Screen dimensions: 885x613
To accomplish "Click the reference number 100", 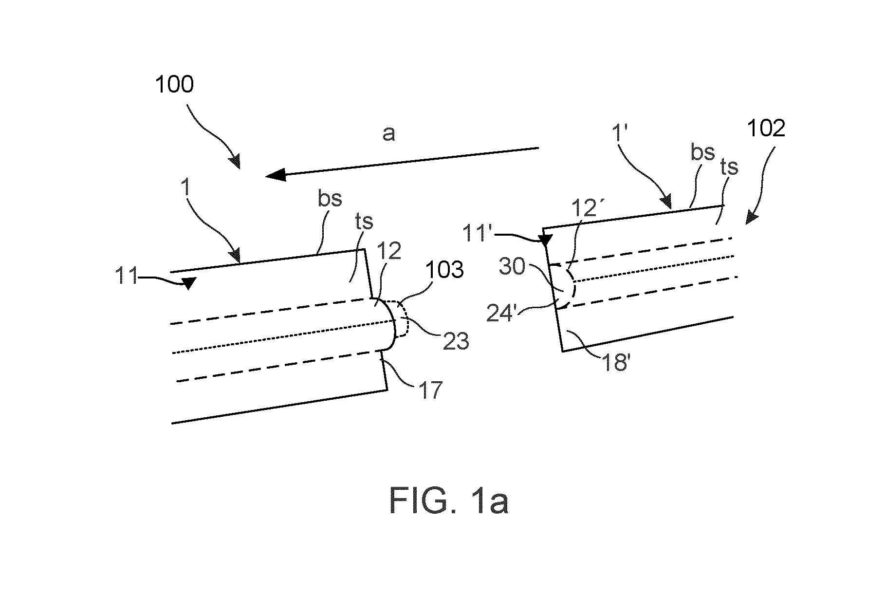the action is [x=174, y=85].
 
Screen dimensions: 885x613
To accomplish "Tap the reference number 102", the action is [x=766, y=129].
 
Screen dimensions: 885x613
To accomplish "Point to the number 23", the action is [x=456, y=341].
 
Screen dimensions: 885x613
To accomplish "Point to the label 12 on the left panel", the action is [x=389, y=250].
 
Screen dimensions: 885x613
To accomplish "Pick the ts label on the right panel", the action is [x=728, y=167].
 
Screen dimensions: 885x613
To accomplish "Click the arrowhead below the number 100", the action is [x=236, y=162].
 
